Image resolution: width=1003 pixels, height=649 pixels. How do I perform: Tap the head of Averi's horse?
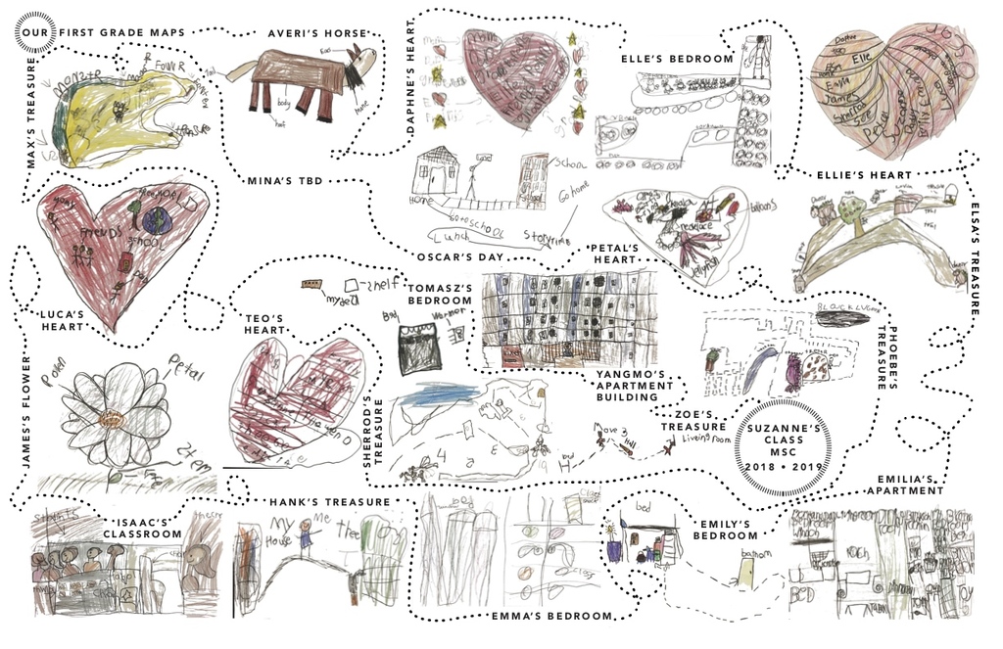(362, 61)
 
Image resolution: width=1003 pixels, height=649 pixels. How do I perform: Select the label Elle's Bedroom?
(678, 59)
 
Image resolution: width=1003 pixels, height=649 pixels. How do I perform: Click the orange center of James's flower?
(115, 418)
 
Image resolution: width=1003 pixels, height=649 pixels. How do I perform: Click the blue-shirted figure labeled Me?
(306, 533)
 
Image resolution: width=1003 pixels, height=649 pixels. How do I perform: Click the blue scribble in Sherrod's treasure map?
(430, 395)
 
